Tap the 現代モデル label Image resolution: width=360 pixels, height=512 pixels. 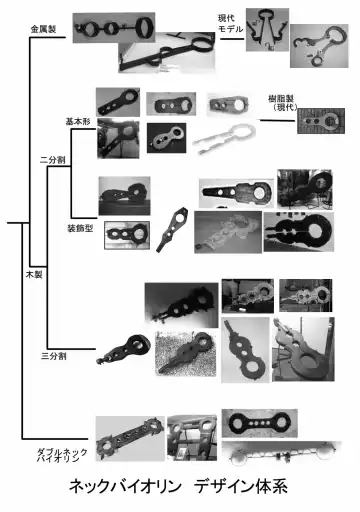232,23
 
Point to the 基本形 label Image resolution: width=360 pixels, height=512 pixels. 77,121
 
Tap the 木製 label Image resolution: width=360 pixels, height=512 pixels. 34,273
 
